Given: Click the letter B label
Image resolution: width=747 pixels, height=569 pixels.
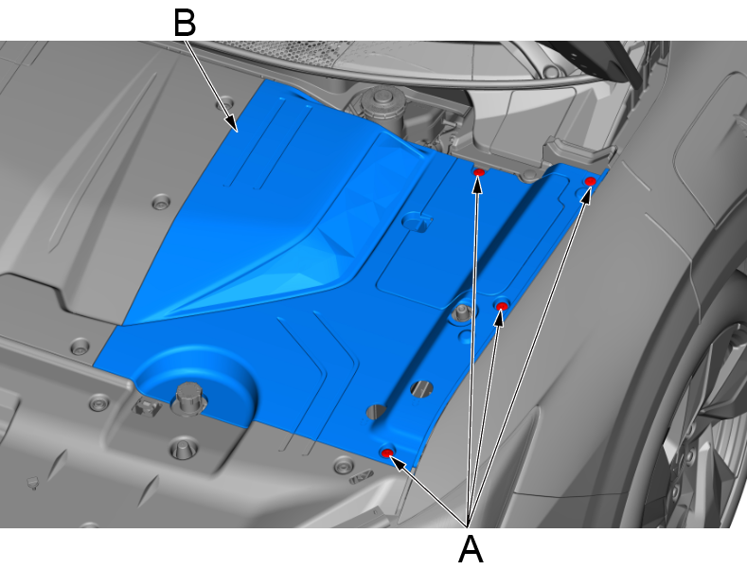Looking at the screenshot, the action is tap(185, 23).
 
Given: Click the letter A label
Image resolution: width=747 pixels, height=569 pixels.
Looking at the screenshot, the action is tap(471, 549).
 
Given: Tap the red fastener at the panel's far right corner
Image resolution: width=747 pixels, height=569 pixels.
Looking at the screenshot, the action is tap(590, 181).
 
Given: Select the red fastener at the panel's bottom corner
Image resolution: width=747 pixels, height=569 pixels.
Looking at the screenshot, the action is tap(387, 453).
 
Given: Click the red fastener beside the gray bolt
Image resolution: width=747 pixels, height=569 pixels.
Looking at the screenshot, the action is tap(501, 306).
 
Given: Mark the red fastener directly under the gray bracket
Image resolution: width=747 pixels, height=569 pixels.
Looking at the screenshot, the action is tap(479, 171).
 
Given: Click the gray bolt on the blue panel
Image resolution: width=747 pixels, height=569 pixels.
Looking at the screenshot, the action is tap(461, 313).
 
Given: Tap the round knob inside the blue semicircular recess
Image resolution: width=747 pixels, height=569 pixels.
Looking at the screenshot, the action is tap(189, 397).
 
